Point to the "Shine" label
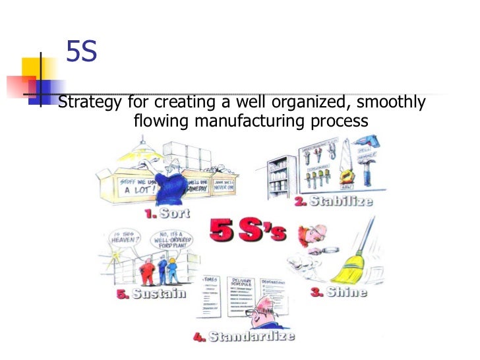tap(346, 291)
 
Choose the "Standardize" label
tap(251, 336)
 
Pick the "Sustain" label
tap(159, 294)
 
